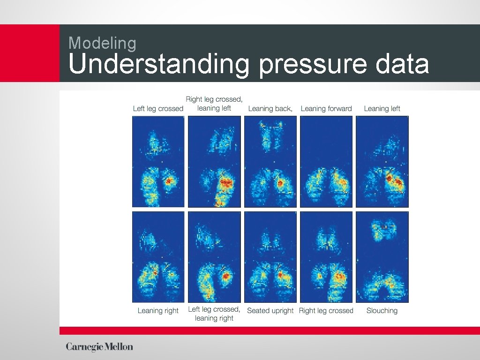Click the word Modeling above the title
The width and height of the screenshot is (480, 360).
pyautogui.click(x=103, y=43)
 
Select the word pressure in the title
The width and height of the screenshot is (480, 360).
pyautogui.click(x=313, y=65)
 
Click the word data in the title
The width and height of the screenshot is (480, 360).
pyautogui.click(x=402, y=64)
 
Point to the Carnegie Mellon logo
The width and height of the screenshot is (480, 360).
pyautogui.click(x=99, y=347)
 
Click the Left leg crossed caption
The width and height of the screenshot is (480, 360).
pyautogui.click(x=158, y=109)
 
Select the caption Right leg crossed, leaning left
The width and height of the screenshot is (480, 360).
pyautogui.click(x=214, y=104)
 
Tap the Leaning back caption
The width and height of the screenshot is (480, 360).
pyautogui.click(x=270, y=109)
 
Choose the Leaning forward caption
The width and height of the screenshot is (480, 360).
pyautogui.click(x=326, y=109)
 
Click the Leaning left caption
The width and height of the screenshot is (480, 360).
pyautogui.click(x=382, y=109)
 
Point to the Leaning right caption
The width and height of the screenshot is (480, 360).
pyautogui.click(x=158, y=311)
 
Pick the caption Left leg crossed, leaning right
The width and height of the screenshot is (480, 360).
pyautogui.click(x=214, y=314)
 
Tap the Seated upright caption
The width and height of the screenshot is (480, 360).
pyautogui.click(x=270, y=311)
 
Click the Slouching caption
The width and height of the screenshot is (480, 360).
pyautogui.click(x=382, y=311)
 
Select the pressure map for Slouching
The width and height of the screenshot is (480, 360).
pyautogui.click(x=382, y=257)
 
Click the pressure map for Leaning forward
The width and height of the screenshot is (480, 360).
pyautogui.click(x=326, y=161)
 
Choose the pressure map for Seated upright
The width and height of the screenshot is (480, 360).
pyautogui.click(x=270, y=257)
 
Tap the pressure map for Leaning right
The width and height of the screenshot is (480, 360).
pyautogui.click(x=158, y=257)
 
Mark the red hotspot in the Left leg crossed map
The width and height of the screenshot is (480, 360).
pyautogui.click(x=169, y=180)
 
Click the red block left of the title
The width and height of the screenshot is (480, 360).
pyautogui.click(x=30, y=53)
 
